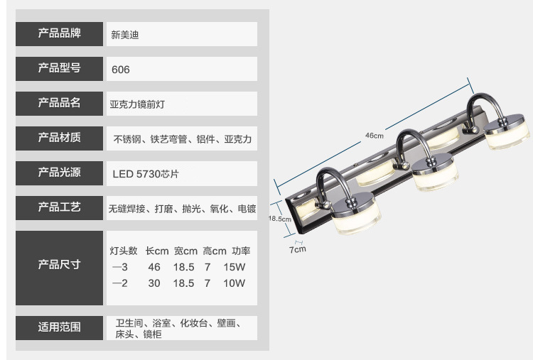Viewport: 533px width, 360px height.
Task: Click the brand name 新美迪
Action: pos(124,34)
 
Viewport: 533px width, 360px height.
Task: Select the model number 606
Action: pos(121,70)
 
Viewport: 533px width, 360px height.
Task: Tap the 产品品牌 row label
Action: pos(59,34)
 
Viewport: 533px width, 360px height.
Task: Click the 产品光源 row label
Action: pos(59,172)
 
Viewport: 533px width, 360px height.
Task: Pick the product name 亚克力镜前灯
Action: pos(137,104)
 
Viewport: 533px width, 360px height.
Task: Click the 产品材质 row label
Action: pos(59,138)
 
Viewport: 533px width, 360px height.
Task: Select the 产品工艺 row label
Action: pos(59,207)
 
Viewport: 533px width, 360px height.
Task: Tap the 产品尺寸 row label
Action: pos(59,264)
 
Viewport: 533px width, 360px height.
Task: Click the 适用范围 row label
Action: pos(59,327)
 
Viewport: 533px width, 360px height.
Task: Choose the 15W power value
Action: pos(235,267)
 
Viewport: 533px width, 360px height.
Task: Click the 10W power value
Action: pos(235,283)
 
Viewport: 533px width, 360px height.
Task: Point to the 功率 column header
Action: pos(241,251)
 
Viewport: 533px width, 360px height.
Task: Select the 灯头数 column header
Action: pos(124,251)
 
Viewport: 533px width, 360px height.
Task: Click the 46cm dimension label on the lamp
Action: pos(374,136)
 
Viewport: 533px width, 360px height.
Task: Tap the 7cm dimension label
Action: pos(297,249)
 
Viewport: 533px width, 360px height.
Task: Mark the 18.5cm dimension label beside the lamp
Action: pos(279,219)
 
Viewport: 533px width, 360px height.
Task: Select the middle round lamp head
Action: pos(434,174)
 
